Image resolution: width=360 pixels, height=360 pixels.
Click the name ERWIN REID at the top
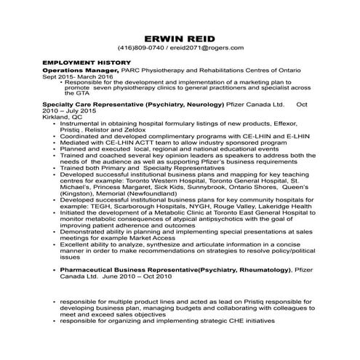coord(180,37)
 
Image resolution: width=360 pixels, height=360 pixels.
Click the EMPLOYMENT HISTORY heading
coord(87,63)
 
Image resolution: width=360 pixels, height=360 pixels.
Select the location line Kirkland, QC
coord(61,116)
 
